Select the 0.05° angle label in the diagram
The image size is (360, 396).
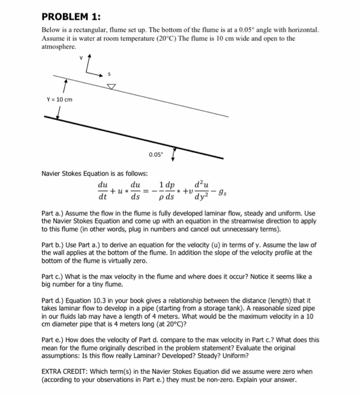pyautogui.click(x=156, y=154)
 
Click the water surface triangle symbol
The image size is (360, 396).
pyautogui.click(x=112, y=86)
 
